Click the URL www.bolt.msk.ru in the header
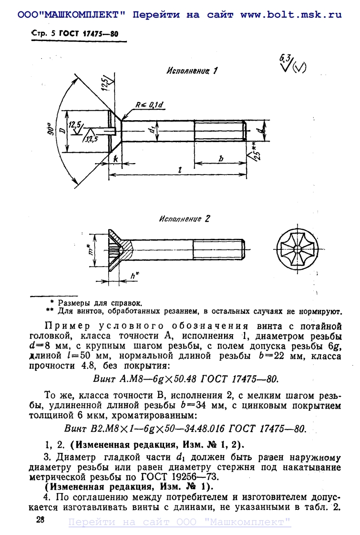291,14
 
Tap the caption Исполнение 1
192,71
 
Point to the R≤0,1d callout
148,104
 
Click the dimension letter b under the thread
221,159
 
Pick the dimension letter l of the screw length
178,170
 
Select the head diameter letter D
62,131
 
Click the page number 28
40,519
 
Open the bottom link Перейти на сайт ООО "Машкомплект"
180,522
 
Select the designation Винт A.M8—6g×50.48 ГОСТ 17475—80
184,379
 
